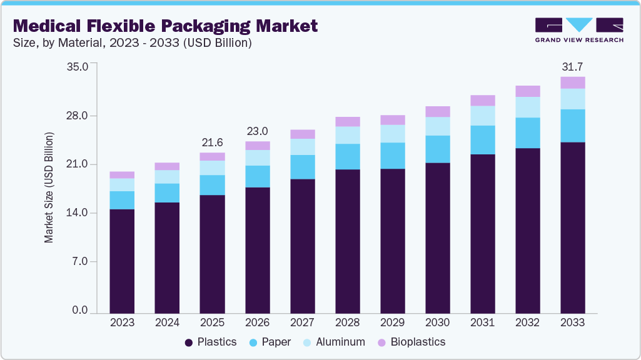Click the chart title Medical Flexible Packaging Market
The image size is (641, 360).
[165, 26]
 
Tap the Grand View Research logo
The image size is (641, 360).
[579, 30]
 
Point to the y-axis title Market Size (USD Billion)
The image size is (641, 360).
[48, 187]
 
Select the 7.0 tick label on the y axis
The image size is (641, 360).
[80, 262]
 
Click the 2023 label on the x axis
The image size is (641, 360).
[122, 322]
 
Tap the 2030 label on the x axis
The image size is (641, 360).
[437, 322]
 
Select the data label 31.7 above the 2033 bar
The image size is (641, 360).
[572, 66]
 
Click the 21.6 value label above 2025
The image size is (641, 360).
[212, 142]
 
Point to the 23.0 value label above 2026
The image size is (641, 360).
[257, 131]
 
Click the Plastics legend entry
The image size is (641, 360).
[211, 342]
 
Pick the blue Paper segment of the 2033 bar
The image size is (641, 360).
[572, 126]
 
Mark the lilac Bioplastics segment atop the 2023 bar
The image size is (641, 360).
[122, 175]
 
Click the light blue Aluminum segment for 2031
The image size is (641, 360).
[482, 116]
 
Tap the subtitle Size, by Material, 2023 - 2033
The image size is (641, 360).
[133, 43]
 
